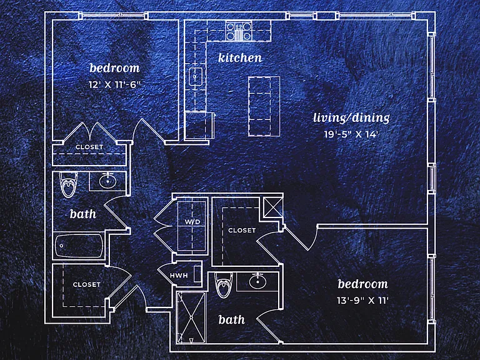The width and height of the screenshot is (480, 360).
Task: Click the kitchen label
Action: pos(240,57)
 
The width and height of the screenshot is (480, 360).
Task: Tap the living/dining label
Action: pos(351,118)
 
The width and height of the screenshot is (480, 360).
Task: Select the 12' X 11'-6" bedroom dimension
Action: pos(114,84)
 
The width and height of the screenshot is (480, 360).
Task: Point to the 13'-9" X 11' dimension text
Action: pos(362,300)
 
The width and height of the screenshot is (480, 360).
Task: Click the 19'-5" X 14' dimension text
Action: pos(351,134)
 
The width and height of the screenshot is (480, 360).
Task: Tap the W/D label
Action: pos(192,222)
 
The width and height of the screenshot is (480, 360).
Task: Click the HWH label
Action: pos(179,276)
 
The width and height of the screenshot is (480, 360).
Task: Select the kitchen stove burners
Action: pos(239,31)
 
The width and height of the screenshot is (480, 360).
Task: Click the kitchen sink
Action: pos(195,76)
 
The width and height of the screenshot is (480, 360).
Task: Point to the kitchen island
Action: pos(264,106)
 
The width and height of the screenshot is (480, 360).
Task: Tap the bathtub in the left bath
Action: pos(79,246)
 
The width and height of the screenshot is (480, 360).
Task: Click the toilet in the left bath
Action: pos(69,184)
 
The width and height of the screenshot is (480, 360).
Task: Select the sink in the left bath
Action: pos(107,181)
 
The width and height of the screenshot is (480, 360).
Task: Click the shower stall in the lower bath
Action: pos(191,317)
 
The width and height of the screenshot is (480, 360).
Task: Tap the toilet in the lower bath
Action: pos(223,285)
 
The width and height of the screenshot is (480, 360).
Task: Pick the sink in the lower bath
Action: pos(257,281)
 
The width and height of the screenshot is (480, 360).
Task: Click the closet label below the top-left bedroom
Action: pos(89,147)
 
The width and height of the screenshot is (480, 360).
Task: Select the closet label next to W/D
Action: pos(242,230)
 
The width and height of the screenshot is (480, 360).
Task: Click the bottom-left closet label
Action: pos(87,285)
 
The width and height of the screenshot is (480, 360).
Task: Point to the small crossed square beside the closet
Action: pos(273,207)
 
